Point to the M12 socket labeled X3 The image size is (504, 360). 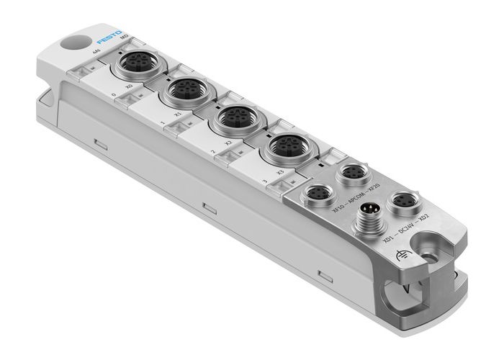click(x=283, y=147)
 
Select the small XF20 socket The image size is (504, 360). click(x=354, y=174)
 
